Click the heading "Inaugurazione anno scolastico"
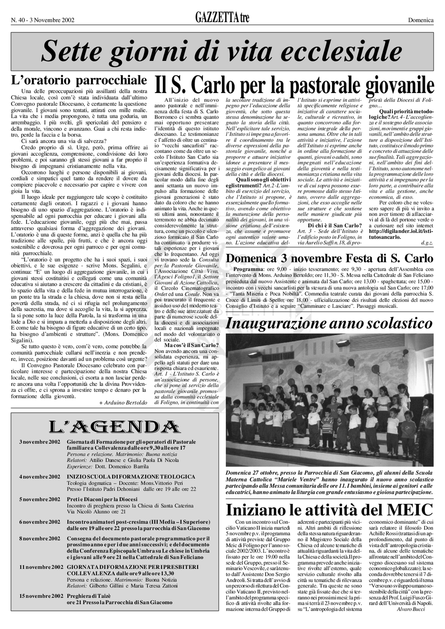pos(329,324)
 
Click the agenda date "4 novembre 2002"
pos(40,477)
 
